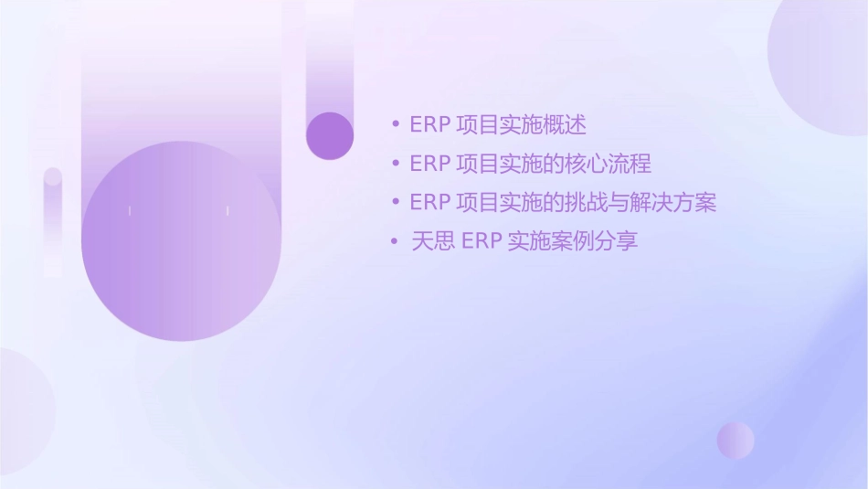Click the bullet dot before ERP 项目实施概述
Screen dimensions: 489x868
[395, 124]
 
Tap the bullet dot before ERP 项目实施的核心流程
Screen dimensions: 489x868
[395, 164]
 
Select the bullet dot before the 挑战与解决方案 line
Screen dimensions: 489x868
[395, 202]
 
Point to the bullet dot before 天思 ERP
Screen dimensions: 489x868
[395, 241]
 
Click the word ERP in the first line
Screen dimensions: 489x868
[429, 124]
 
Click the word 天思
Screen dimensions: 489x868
[433, 241]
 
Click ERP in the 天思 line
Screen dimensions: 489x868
[481, 241]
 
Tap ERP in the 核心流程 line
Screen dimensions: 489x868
[429, 164]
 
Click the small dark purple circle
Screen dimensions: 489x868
[330, 135]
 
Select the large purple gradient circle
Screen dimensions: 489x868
[180, 241]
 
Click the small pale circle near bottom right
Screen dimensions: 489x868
[736, 440]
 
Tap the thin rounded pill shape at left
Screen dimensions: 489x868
[53, 219]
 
